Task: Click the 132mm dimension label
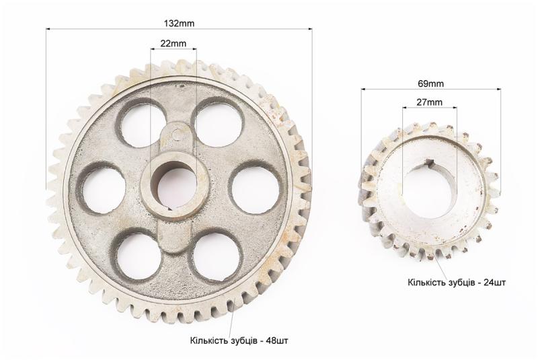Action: tap(179, 24)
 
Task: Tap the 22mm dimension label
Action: tap(174, 44)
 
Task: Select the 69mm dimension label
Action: tap(430, 83)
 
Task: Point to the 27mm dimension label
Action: tap(429, 102)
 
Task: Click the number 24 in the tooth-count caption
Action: tap(488, 283)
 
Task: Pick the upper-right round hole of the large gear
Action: tap(218, 122)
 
